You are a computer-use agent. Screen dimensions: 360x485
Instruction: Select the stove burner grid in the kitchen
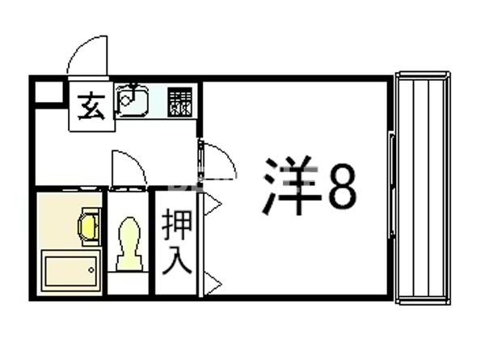(x=180, y=102)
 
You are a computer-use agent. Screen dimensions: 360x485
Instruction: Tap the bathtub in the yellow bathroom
(x=70, y=269)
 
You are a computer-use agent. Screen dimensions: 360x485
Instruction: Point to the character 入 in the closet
(x=177, y=260)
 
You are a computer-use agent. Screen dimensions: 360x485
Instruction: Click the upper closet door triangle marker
(x=213, y=205)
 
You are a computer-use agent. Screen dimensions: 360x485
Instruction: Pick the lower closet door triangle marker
(x=213, y=282)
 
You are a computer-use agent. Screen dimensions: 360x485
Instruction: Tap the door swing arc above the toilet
(x=128, y=168)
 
